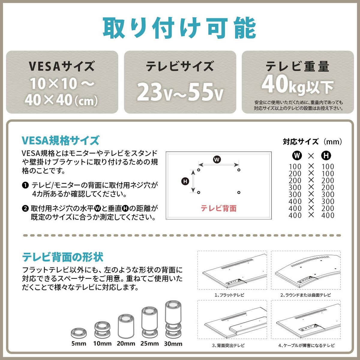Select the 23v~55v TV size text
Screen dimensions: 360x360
[x=180, y=91]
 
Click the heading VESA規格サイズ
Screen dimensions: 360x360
[x=60, y=140]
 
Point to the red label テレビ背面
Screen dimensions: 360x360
[x=218, y=208]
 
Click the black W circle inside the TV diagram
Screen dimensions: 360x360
[x=217, y=160]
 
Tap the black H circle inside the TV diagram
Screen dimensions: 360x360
[x=185, y=181]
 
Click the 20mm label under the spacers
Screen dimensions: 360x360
[x=126, y=344]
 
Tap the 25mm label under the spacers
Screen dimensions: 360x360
[x=150, y=344]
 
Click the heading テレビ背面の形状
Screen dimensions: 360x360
[x=63, y=257]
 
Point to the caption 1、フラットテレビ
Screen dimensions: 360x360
[x=229, y=295]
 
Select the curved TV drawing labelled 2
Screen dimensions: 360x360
[x=306, y=271]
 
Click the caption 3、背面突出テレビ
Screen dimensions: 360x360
[x=229, y=345]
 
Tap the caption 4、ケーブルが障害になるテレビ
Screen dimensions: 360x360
[x=306, y=345]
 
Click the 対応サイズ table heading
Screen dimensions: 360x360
[x=312, y=142]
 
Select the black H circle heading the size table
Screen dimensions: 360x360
[x=326, y=155]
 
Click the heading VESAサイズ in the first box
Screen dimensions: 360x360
[x=62, y=66]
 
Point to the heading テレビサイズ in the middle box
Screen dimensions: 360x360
[x=180, y=66]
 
